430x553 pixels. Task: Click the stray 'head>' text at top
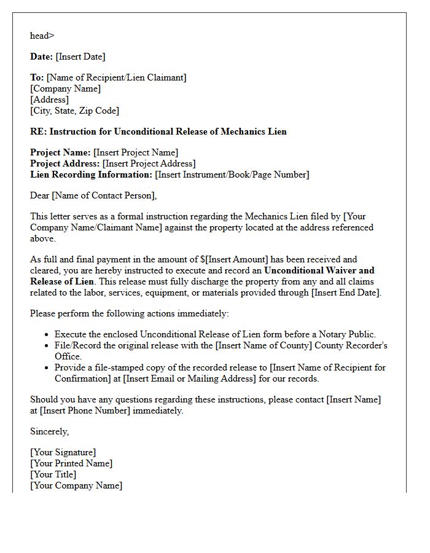42,36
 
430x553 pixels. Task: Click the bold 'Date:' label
42,57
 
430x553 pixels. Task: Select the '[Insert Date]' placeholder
80,57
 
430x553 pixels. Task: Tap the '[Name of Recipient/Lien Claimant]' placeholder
116,77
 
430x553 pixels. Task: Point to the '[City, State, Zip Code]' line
74,111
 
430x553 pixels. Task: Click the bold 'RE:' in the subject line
39,131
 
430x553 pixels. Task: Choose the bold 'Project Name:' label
60,152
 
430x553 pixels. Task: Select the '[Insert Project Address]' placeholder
149,163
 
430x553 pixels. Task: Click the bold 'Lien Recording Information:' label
91,175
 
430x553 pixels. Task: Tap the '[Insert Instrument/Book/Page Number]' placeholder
232,175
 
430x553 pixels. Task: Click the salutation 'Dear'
40,195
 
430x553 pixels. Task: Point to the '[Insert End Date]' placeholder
346,292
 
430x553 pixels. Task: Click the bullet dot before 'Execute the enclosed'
47,335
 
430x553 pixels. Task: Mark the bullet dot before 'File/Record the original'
47,346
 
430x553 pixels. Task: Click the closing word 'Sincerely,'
49,431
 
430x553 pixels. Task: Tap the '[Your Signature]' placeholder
63,452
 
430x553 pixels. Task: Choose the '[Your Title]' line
53,474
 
